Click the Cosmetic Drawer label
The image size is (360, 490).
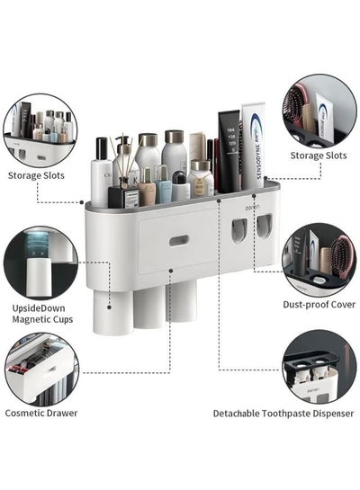click(x=41, y=413)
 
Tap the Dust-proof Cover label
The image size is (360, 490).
click(x=319, y=305)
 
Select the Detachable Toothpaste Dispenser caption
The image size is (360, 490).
click(x=283, y=414)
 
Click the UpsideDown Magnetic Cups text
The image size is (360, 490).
click(x=42, y=314)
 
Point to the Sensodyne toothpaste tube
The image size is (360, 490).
click(x=253, y=146)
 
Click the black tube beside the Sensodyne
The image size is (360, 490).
click(x=229, y=152)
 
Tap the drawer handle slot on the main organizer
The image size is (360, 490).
click(x=179, y=241)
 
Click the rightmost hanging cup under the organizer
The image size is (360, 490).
click(x=182, y=300)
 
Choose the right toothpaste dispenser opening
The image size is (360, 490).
click(x=265, y=227)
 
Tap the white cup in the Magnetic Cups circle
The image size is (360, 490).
click(x=39, y=277)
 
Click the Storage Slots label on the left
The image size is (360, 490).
click(x=36, y=175)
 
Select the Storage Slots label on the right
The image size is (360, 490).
click(x=319, y=156)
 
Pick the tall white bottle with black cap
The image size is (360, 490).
click(x=101, y=172)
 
